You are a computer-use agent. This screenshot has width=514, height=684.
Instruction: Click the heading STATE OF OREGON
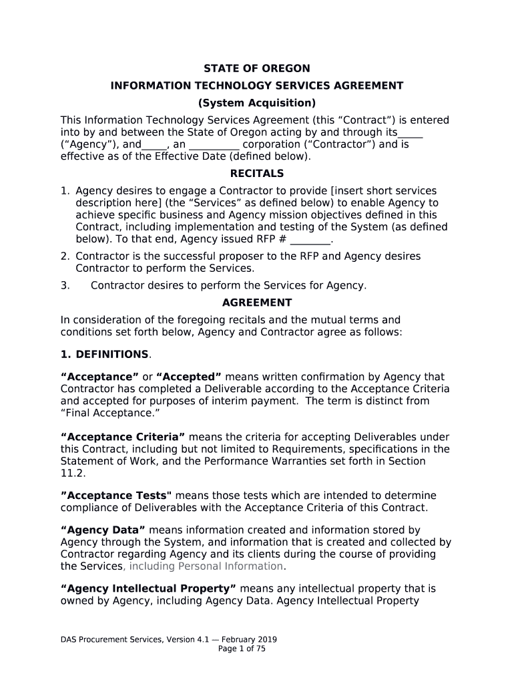(x=256, y=68)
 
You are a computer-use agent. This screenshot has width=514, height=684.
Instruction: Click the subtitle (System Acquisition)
(x=256, y=103)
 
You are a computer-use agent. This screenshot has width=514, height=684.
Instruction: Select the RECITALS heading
(x=256, y=174)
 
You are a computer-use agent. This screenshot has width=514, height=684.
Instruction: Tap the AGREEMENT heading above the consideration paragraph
(x=256, y=303)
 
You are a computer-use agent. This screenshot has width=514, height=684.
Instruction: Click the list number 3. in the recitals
(x=65, y=285)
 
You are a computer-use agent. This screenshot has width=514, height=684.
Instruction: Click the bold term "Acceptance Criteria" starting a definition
(x=123, y=437)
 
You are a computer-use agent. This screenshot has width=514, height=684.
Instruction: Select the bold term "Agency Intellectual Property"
(x=148, y=588)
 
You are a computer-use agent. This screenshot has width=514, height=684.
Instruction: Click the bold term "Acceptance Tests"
(x=116, y=496)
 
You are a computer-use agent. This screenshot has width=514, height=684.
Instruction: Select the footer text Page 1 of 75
(x=242, y=649)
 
